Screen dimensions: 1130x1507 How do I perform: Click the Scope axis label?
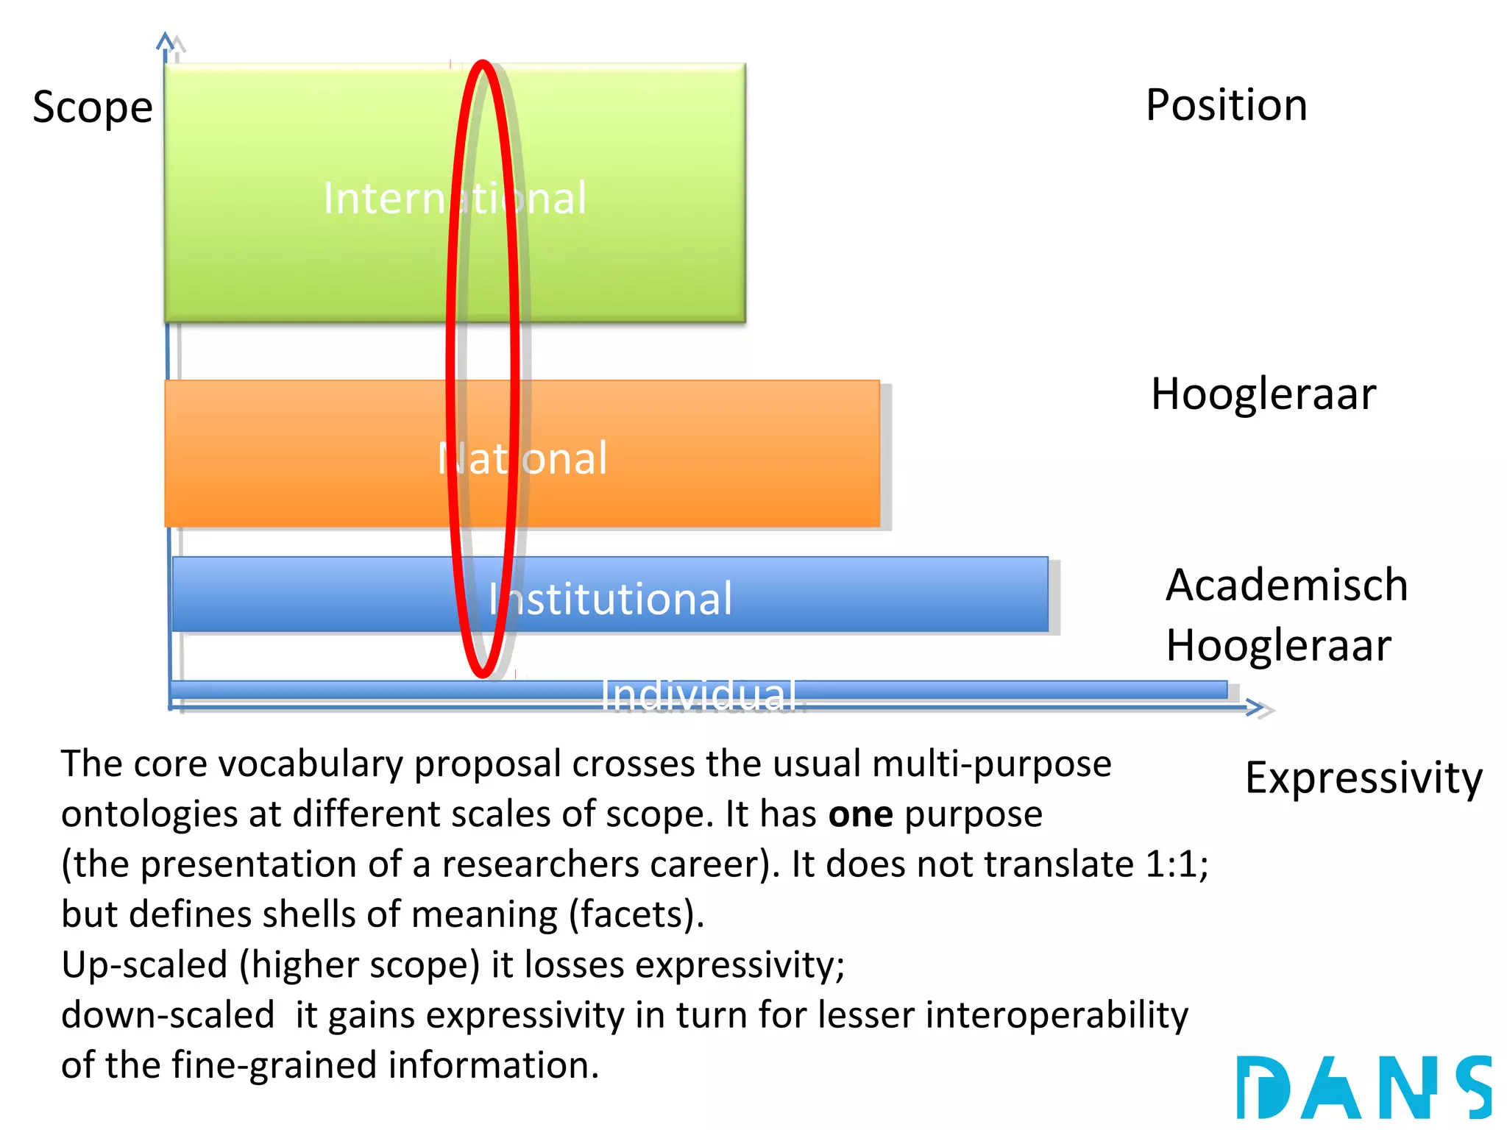tap(93, 107)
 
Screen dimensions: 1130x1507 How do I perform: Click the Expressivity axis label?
tap(1364, 778)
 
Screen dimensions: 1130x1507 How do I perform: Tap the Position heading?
tap(1227, 105)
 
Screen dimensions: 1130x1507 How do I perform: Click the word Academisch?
tap(1287, 586)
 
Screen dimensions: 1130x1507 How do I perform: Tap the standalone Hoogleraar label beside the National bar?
tap(1263, 394)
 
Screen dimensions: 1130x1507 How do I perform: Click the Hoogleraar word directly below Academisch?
tap(1279, 646)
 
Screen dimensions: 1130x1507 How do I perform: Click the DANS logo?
tap(1364, 1087)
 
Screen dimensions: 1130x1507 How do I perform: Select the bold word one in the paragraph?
tap(860, 814)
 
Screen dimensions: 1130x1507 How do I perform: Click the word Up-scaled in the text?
tap(144, 964)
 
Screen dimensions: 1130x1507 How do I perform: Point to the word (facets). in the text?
tap(637, 914)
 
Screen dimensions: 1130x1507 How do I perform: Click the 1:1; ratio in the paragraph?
tap(1177, 864)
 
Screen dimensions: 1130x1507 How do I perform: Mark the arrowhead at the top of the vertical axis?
tap(166, 40)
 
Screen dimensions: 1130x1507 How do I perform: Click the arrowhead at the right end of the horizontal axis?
tap(1256, 708)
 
